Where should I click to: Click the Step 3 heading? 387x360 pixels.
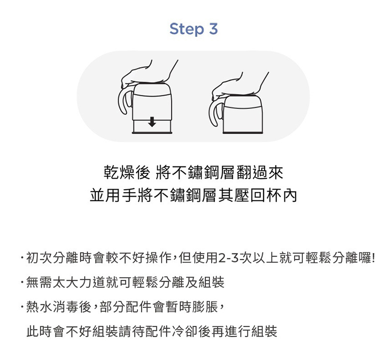point(193,29)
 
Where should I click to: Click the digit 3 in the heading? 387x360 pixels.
point(213,29)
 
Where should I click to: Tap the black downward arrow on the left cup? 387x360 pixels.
point(152,121)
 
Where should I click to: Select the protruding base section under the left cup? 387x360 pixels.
point(152,127)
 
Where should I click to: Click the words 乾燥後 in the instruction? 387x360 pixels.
point(126,172)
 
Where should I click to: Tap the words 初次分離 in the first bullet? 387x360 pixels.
point(53,258)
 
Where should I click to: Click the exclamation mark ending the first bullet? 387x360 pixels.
point(373,258)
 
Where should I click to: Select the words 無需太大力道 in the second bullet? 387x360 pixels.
point(66,282)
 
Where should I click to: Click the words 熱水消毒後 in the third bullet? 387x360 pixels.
point(59,307)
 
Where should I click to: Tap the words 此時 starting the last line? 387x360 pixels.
point(40,331)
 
